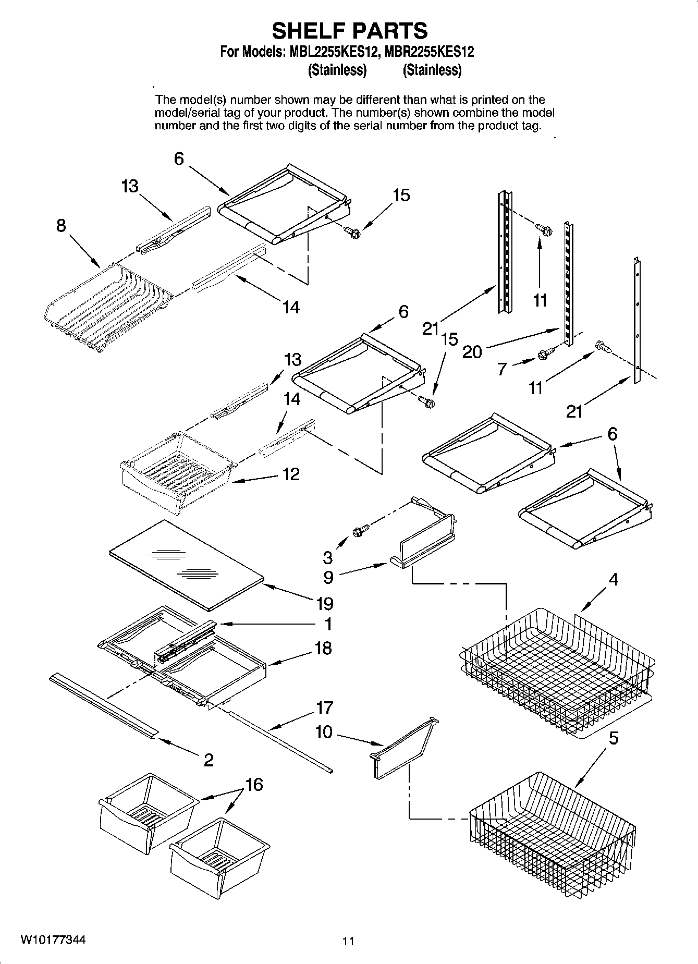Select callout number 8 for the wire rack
click(62, 226)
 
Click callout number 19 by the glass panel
click(324, 604)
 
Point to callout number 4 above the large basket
click(614, 579)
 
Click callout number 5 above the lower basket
click(614, 738)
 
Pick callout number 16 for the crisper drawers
click(254, 784)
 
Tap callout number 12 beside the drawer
click(291, 474)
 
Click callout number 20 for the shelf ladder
click(472, 352)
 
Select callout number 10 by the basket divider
click(323, 732)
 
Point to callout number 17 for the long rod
click(324, 707)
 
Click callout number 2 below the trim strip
click(208, 760)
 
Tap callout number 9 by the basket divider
click(328, 577)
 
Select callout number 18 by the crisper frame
click(323, 648)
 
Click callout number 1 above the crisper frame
click(328, 624)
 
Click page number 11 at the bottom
click(348, 941)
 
